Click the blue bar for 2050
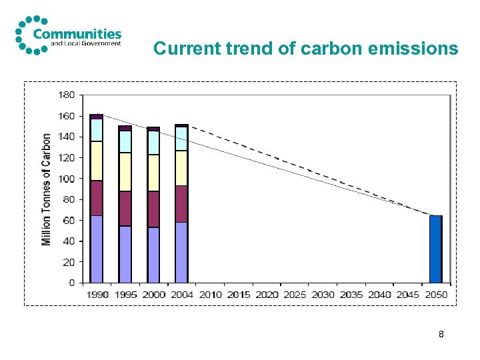coord(435,249)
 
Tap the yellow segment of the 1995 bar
coord(125,172)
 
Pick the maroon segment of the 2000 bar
coord(153,209)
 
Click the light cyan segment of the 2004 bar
coord(181,139)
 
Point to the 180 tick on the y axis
coord(67,95)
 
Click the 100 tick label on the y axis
coord(67,179)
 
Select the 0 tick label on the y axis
coord(71,283)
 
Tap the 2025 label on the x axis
coord(295,295)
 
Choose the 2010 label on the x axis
coord(210,295)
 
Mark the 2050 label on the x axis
coord(436,295)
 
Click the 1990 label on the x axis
coord(97,295)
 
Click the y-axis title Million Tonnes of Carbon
coord(47,189)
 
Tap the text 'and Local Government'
coord(86,44)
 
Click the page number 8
coord(441,334)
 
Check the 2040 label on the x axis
coord(379,295)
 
